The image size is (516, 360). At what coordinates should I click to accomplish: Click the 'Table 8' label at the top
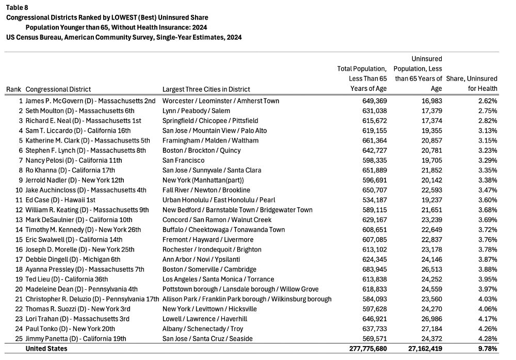click(17, 7)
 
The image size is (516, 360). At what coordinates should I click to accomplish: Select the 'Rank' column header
click(13, 89)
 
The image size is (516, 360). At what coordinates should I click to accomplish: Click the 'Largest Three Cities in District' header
click(206, 89)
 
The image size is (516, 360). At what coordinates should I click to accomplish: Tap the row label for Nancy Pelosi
click(74, 161)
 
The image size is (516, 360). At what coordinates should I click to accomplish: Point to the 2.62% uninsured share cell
click(487, 101)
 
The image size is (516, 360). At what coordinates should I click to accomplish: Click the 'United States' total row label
click(46, 349)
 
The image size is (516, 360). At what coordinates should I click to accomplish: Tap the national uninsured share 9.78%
click(487, 349)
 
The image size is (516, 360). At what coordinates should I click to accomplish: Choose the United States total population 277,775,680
click(362, 349)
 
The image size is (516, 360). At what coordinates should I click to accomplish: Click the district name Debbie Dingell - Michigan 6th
click(73, 259)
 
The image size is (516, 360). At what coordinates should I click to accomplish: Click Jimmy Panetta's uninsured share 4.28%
click(487, 339)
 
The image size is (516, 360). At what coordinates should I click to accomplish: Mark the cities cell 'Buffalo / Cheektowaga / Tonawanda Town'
click(223, 230)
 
